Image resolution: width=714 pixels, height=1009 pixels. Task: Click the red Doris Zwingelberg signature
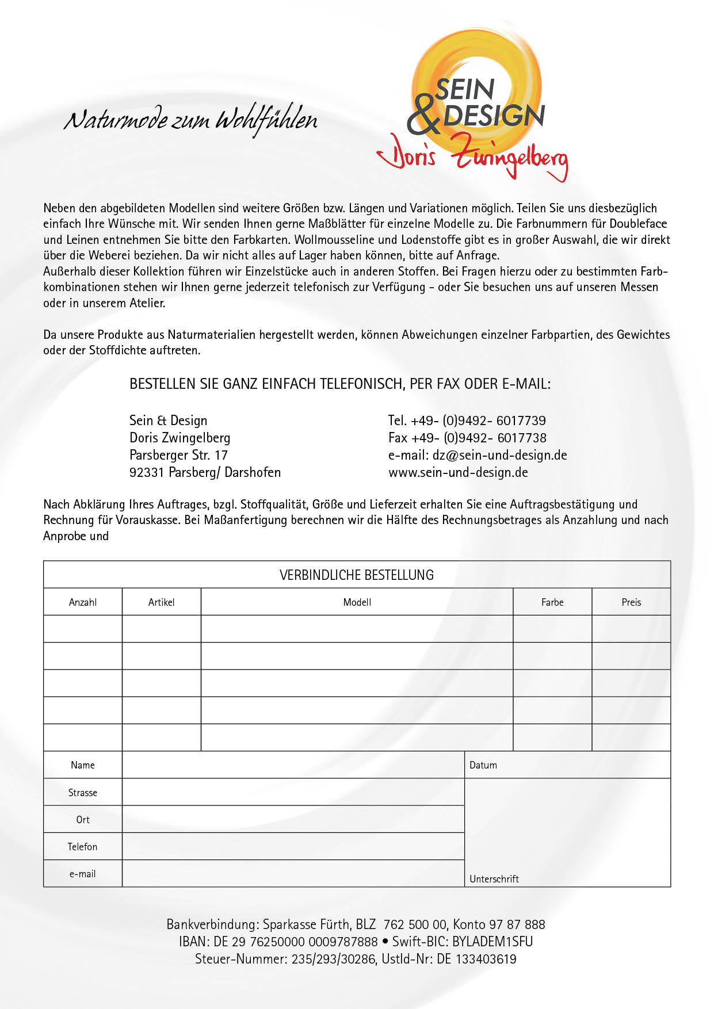point(472,157)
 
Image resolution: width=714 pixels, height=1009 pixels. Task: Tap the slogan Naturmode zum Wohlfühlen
point(190,120)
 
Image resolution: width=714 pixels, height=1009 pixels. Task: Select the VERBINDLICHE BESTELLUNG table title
point(357,575)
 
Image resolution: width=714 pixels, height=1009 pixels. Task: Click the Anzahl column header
point(83,602)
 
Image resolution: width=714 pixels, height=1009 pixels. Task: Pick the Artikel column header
point(161,602)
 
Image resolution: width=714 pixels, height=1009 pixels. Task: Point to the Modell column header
point(357,602)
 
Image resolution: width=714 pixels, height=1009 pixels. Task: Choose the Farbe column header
point(552,602)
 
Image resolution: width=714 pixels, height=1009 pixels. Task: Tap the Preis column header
point(631,602)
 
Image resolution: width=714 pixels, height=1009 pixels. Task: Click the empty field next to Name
point(293,765)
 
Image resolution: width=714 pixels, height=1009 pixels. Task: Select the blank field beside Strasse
point(293,792)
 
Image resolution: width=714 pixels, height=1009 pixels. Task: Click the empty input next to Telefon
point(293,847)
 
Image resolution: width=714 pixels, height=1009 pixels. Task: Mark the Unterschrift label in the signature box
point(494,879)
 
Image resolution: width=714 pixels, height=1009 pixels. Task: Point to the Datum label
point(483,765)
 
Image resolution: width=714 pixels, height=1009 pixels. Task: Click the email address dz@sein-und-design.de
point(499,455)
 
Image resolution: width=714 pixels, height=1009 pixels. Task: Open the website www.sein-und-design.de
point(458,472)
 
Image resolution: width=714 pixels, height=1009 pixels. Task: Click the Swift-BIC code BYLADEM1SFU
point(492,942)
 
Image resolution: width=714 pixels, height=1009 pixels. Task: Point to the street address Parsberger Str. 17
point(178,455)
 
